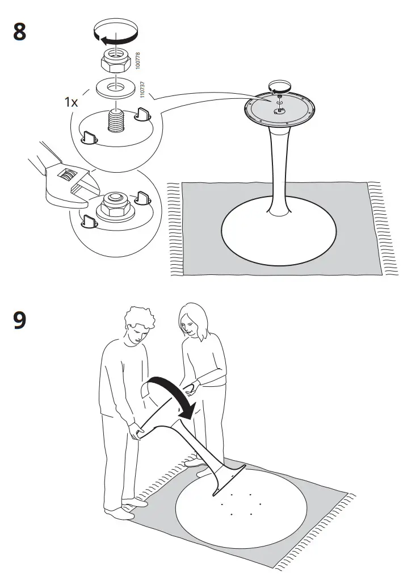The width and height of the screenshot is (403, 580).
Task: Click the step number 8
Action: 19,32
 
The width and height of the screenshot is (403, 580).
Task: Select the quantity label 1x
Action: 71,102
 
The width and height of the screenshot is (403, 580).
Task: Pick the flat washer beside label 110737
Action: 116,88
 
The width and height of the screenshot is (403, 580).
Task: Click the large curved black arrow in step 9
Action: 170,398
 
